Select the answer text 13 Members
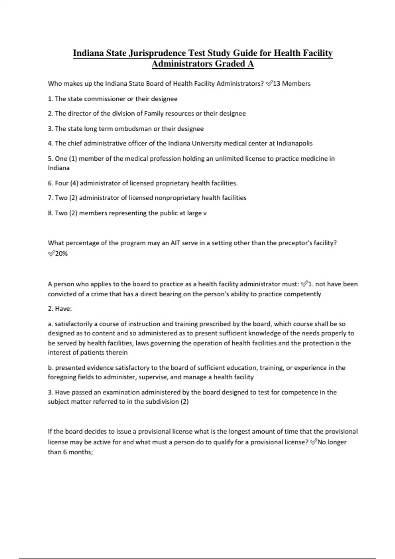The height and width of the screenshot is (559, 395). point(292,84)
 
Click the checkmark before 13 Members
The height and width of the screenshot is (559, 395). point(269,84)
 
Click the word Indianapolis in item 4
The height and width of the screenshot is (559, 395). point(294,143)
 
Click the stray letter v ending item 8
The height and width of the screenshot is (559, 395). point(205,213)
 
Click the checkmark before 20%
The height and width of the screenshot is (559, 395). point(51,253)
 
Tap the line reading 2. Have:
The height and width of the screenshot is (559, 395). point(60,309)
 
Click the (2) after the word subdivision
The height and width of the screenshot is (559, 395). point(184,402)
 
